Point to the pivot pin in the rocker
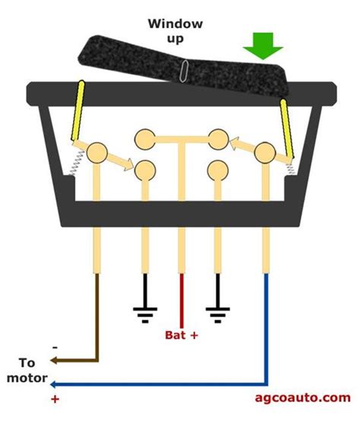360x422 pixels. [x=182, y=74]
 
